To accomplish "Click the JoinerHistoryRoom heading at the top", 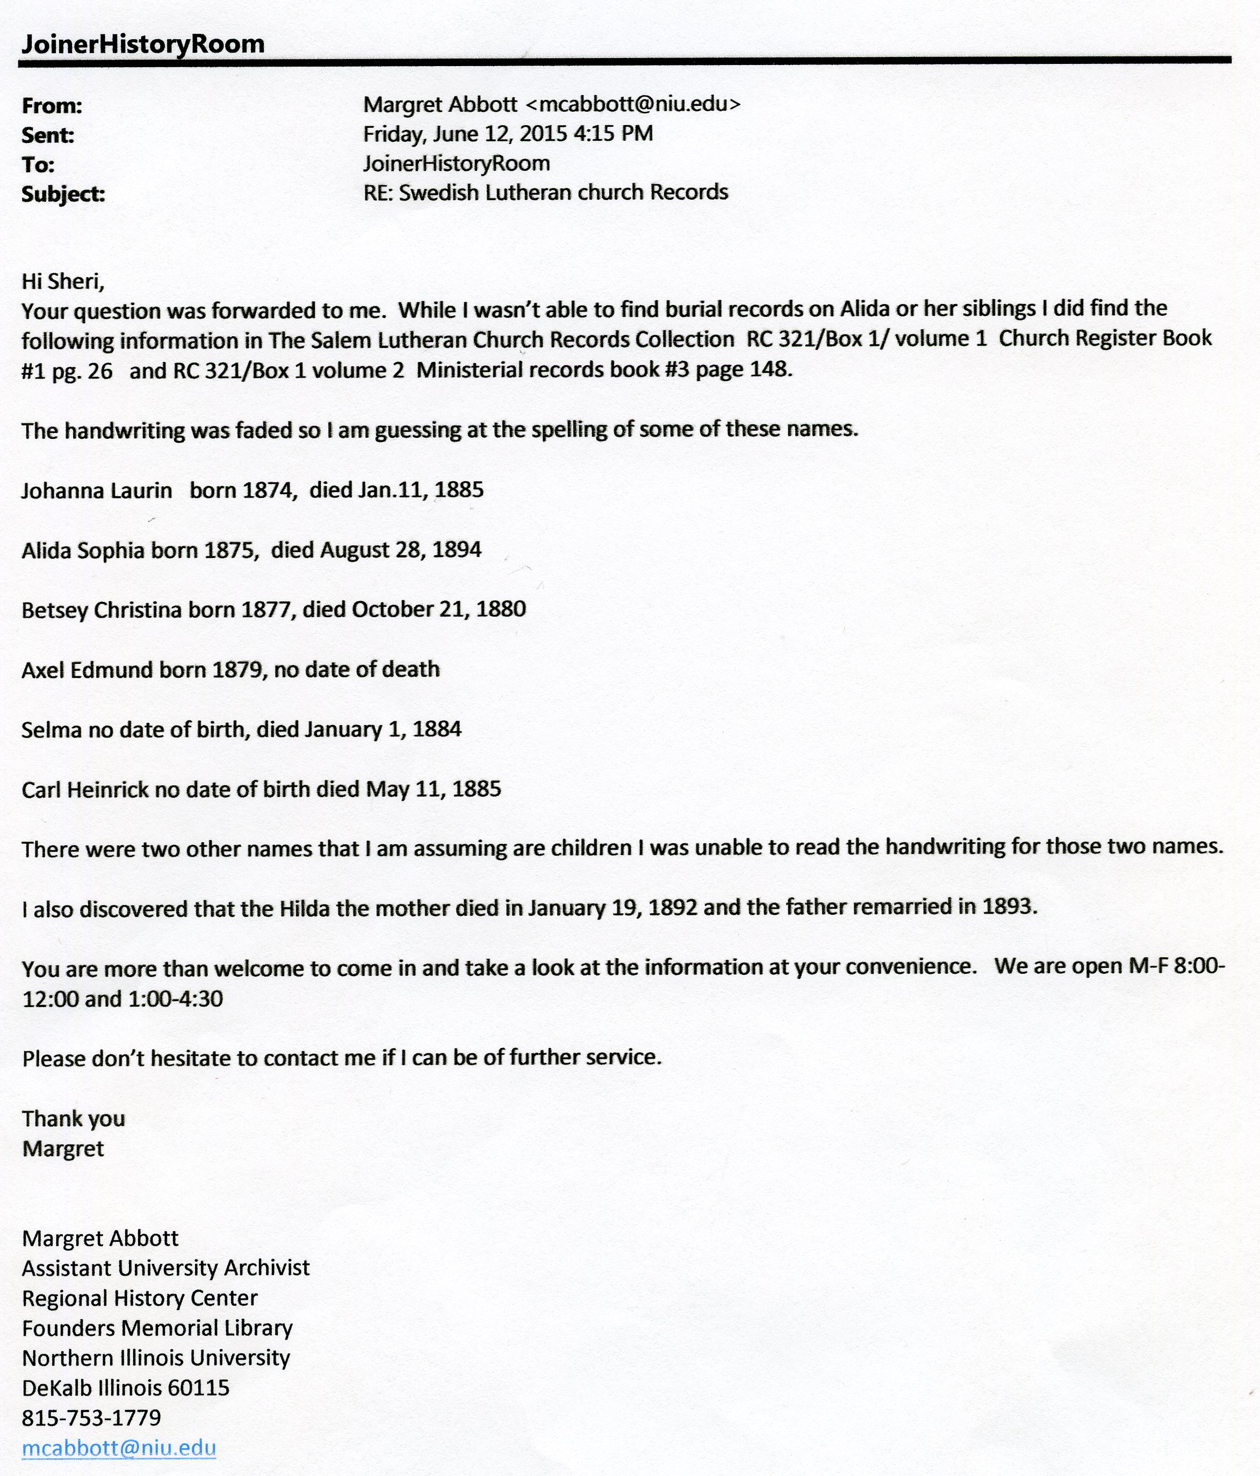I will pos(142,44).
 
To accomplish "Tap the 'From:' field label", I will pos(52,106).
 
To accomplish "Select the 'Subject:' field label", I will pos(63,194).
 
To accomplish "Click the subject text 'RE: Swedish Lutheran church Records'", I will pos(545,192).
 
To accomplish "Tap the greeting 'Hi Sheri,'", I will pos(63,281).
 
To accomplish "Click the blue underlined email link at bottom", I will pos(119,1448).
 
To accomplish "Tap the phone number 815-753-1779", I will pos(91,1417).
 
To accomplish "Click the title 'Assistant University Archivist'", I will pos(165,1268).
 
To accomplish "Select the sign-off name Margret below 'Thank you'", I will pos(63,1148).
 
